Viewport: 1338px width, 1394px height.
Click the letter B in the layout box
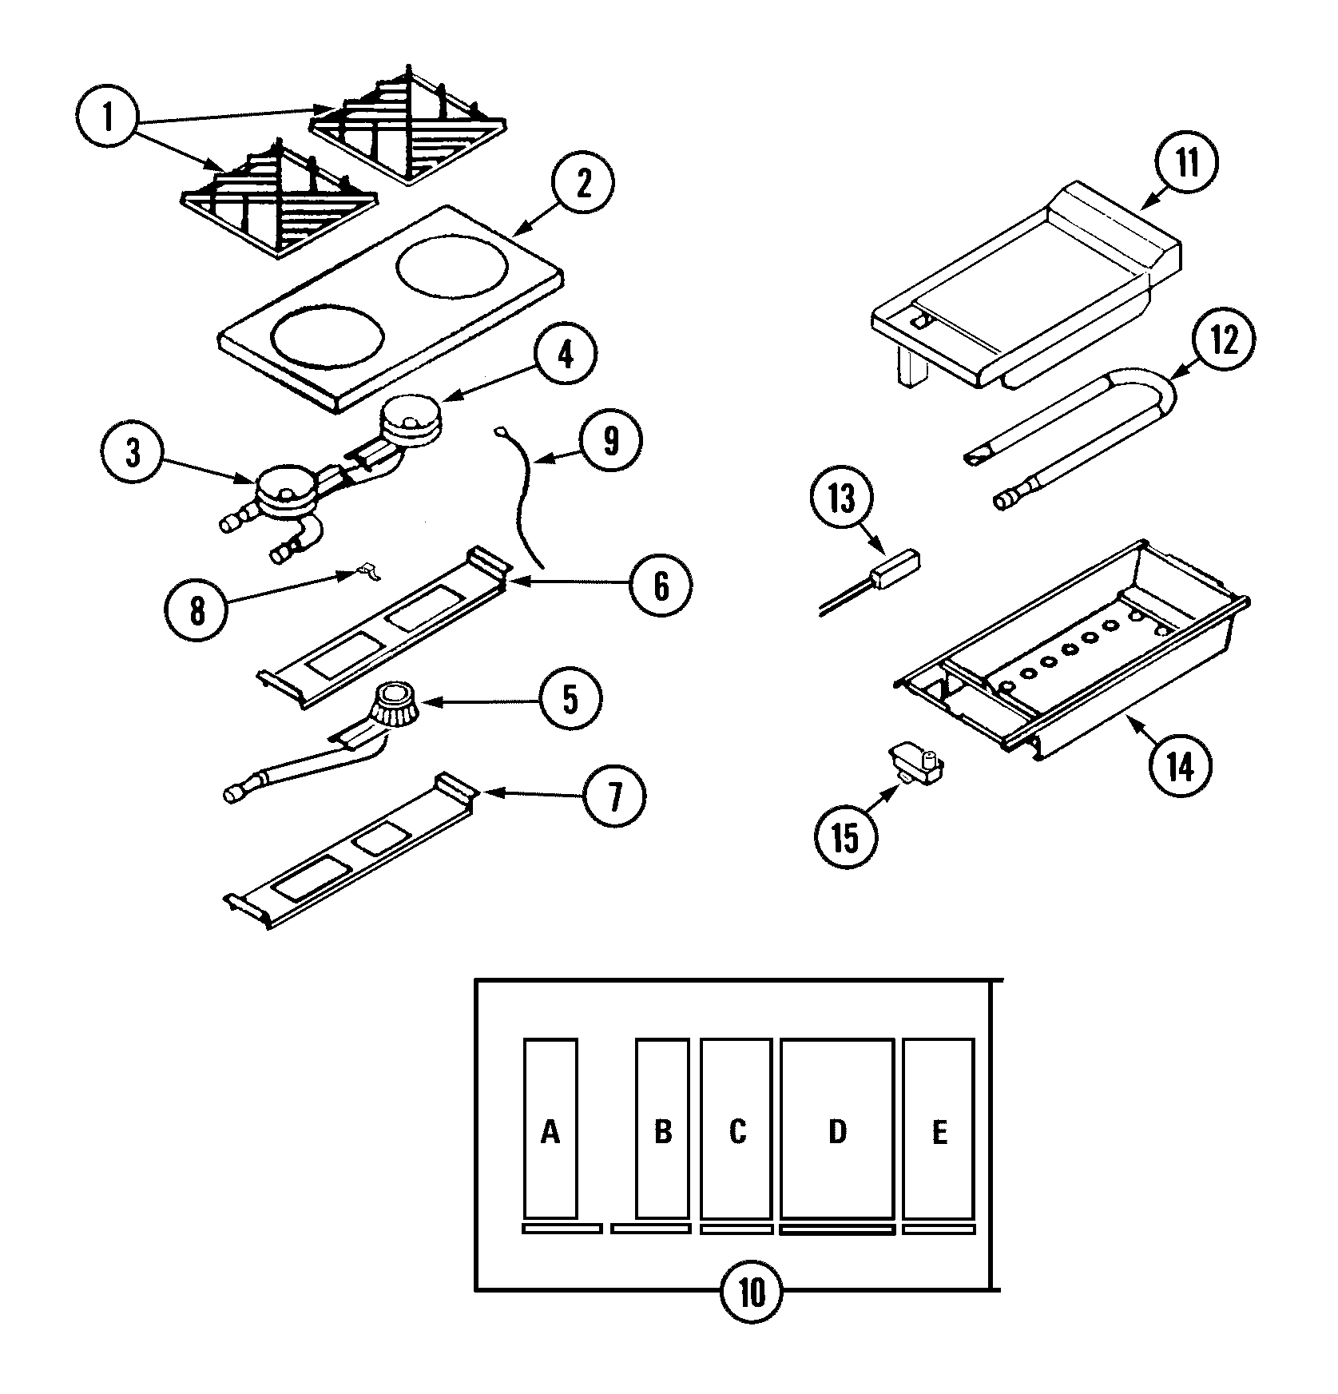point(662,1132)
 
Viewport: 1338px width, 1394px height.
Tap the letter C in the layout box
point(737,1132)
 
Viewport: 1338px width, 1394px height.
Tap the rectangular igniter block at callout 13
point(895,569)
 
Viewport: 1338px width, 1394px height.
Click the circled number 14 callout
point(1181,766)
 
